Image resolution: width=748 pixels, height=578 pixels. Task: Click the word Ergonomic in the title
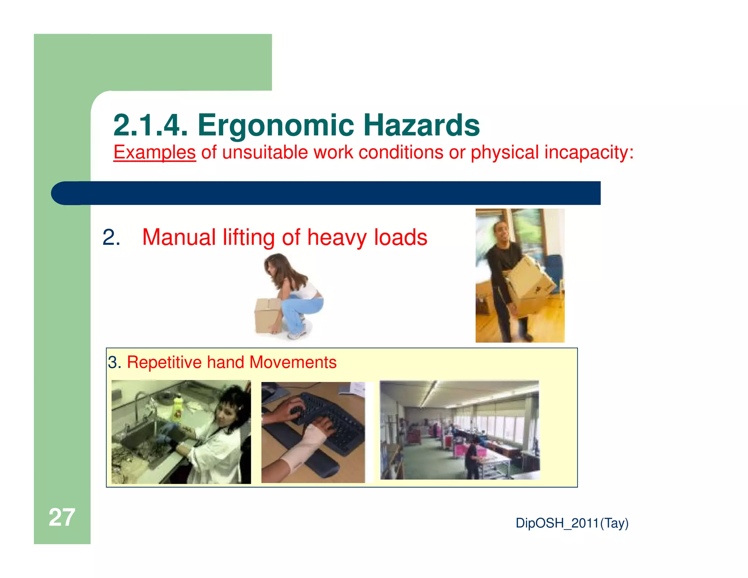click(x=276, y=125)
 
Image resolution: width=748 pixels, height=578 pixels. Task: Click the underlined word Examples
click(x=154, y=152)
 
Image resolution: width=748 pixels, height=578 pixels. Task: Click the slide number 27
click(x=62, y=517)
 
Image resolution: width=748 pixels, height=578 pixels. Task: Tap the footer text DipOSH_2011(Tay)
click(x=572, y=523)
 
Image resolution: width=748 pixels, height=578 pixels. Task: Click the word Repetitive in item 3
click(x=164, y=362)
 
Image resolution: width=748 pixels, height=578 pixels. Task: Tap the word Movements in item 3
click(x=293, y=362)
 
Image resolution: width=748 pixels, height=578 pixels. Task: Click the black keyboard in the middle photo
click(x=329, y=420)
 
